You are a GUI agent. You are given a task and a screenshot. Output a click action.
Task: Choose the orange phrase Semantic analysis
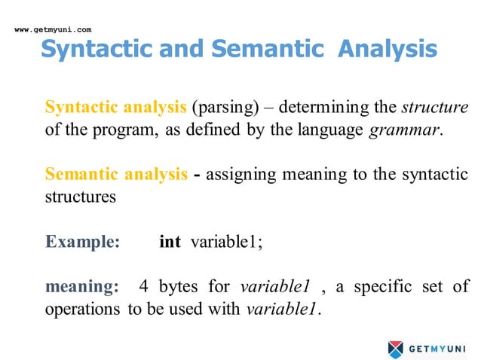(116, 175)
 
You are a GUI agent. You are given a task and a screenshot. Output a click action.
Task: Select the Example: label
(82, 242)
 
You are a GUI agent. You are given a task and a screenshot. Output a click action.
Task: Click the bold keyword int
(170, 242)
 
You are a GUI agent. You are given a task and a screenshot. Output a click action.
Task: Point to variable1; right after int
(226, 242)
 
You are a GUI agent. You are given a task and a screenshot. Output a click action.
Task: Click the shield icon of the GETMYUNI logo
(396, 348)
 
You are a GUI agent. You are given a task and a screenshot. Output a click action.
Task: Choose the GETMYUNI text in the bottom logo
(438, 349)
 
